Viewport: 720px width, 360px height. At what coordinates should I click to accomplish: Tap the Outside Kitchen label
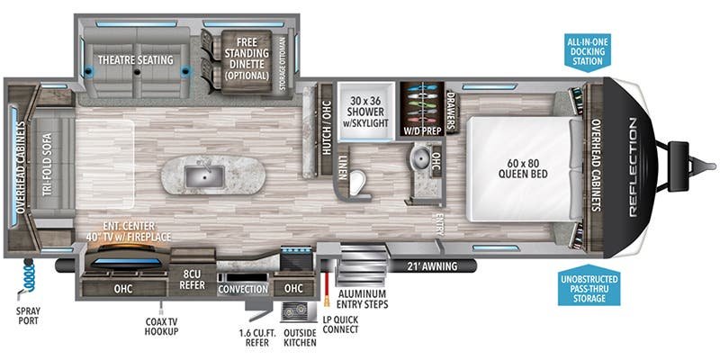tap(299, 339)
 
